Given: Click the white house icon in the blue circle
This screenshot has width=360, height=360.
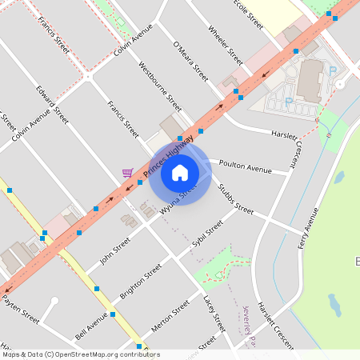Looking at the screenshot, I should pyautogui.click(x=180, y=172).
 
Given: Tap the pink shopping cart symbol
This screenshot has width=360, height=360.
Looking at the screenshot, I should pyautogui.click(x=127, y=172).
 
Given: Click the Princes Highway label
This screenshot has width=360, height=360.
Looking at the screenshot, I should pyautogui.click(x=169, y=155).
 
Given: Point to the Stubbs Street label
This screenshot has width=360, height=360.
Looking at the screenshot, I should pyautogui.click(x=235, y=199).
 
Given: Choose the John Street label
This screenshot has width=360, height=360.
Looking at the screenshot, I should pyautogui.click(x=114, y=250).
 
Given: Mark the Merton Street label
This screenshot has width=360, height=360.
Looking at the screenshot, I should pyautogui.click(x=170, y=317).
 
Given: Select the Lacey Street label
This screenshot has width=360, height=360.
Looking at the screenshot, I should pyautogui.click(x=214, y=313).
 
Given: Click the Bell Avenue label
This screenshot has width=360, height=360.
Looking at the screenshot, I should pyautogui.click(x=90, y=325).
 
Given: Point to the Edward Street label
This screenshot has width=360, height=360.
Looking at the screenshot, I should pyautogui.click(x=50, y=101).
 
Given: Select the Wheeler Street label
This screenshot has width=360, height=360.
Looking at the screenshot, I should pyautogui.click(x=225, y=45).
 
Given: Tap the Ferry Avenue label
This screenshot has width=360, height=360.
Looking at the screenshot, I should pyautogui.click(x=308, y=227).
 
